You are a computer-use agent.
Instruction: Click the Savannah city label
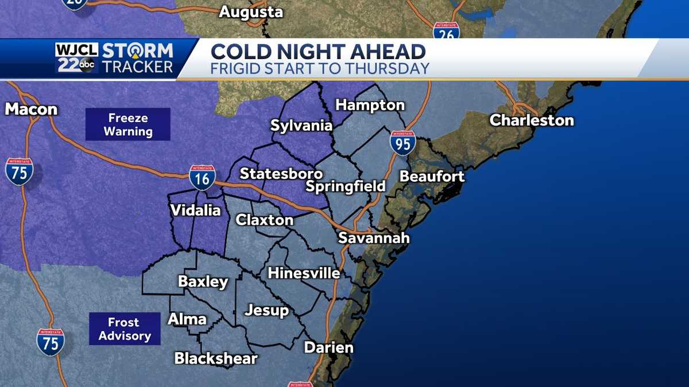(x=373, y=237)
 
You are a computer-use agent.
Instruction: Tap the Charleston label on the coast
(x=531, y=120)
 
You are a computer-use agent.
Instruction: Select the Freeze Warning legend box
(x=128, y=124)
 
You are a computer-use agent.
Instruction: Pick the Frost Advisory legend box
(x=125, y=329)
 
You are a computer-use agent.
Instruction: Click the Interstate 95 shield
(x=403, y=143)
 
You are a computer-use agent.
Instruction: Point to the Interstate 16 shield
(x=203, y=178)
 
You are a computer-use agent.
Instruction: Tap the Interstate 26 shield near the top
(x=446, y=32)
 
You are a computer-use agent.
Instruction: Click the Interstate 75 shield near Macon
(x=20, y=171)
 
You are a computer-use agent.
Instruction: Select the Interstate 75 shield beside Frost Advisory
(x=51, y=342)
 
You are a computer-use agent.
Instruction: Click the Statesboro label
(x=281, y=173)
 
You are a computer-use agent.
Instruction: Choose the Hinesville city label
(x=304, y=273)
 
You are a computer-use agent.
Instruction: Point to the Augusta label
(x=251, y=11)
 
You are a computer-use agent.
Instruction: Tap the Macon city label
(x=31, y=109)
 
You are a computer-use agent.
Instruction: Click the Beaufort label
(x=432, y=176)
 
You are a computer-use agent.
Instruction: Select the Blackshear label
(x=216, y=359)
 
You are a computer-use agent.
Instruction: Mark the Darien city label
(x=328, y=347)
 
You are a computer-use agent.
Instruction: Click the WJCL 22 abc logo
(x=76, y=58)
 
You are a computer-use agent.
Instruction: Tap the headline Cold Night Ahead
(x=318, y=52)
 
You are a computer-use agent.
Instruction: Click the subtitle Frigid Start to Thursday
(x=320, y=69)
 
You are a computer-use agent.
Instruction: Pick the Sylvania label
(x=301, y=126)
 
